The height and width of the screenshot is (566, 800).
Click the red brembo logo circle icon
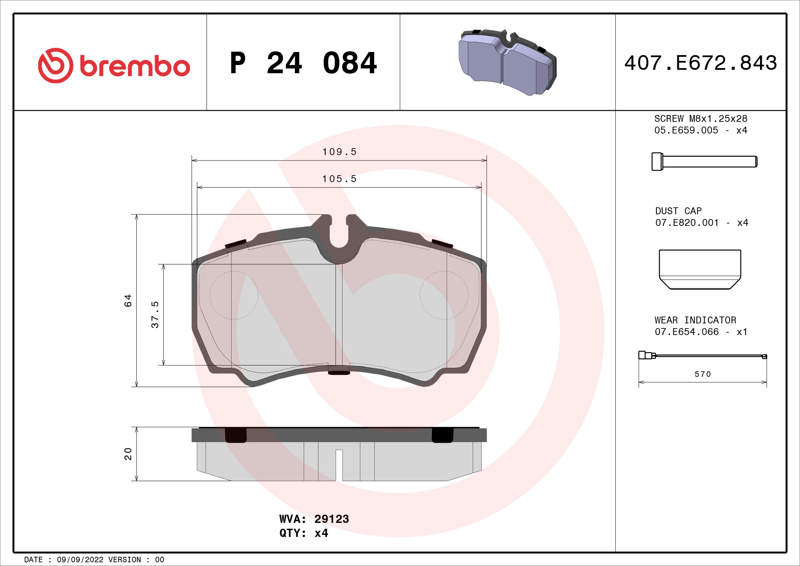[55, 65]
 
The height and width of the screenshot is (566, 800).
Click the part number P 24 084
[303, 63]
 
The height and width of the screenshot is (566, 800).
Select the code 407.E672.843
[700, 63]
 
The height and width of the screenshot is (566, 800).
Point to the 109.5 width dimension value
[339, 152]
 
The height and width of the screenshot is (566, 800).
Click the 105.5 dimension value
[339, 179]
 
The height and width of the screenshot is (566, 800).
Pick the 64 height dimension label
[128, 300]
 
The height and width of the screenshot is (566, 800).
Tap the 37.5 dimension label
[155, 314]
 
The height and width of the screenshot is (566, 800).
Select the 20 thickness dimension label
[128, 454]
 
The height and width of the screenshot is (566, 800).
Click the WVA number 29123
[331, 519]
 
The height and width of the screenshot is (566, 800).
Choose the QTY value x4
[321, 533]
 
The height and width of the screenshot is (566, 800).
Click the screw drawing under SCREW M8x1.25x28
[704, 162]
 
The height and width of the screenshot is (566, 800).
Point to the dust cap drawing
[700, 269]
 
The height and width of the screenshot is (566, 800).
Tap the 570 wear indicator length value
[703, 374]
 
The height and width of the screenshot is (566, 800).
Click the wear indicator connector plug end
[643, 355]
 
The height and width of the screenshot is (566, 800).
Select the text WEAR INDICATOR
[695, 320]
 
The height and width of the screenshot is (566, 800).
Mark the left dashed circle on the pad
[234, 295]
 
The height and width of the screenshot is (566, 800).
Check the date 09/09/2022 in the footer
[80, 560]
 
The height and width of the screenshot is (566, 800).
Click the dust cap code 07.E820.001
[687, 223]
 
